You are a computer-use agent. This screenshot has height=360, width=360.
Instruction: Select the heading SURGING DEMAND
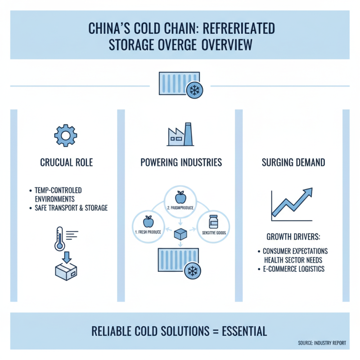coord(293,162)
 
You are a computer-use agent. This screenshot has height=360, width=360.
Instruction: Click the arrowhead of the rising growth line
coord(309,192)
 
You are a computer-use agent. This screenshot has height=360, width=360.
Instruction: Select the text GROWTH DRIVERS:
coord(293,237)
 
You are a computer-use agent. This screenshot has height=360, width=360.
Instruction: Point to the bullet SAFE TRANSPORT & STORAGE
coord(71,208)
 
